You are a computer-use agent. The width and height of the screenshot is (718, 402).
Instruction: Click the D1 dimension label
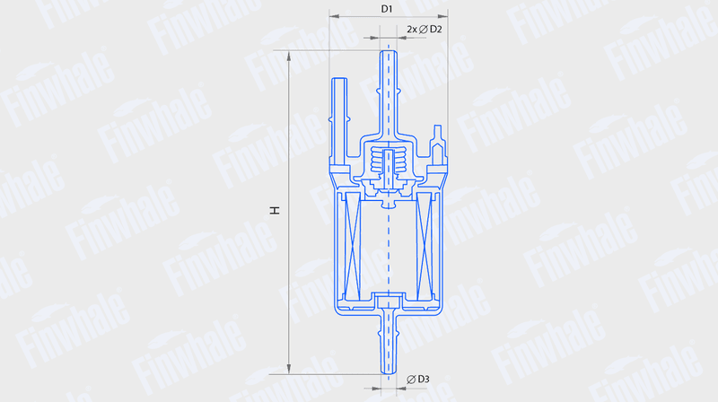pyautogui.click(x=387, y=9)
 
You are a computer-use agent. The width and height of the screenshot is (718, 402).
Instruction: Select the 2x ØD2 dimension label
pyautogui.click(x=425, y=30)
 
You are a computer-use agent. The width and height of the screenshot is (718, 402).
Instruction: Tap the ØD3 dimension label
pyautogui.click(x=418, y=379)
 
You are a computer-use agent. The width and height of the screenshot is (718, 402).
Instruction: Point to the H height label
pyautogui.click(x=275, y=210)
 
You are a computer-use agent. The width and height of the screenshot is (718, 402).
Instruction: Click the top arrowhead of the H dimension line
pyautogui.click(x=288, y=56)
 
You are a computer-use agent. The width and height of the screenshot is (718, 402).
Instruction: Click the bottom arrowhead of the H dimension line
pyautogui.click(x=288, y=369)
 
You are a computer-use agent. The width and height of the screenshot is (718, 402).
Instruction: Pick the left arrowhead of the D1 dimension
pyautogui.click(x=334, y=16)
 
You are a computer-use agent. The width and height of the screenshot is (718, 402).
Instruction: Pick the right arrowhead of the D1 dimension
pyautogui.click(x=442, y=16)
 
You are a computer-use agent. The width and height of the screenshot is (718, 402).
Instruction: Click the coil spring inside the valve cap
pyautogui.click(x=389, y=162)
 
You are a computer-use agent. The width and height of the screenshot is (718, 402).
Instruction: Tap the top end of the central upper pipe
pyautogui.click(x=389, y=51)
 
